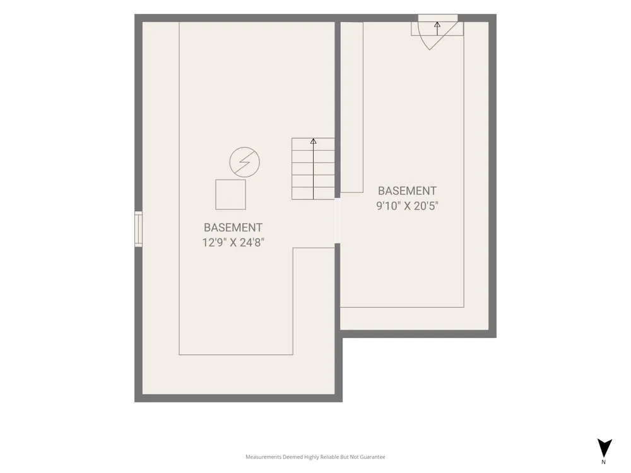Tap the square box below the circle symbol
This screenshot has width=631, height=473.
coord(230,195)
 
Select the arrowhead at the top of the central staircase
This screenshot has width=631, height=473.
coord(313,141)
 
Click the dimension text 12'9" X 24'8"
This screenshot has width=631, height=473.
coord(233,243)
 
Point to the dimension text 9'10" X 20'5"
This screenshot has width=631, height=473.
coord(407,206)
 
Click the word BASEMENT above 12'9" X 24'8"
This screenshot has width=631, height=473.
coord(233,228)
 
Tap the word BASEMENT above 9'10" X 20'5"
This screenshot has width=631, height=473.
coord(407,190)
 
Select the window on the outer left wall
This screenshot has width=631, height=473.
coord(138,229)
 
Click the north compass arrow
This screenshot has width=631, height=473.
coord(604,448)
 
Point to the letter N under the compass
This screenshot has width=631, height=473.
coord(603,462)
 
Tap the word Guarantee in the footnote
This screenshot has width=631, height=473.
coord(374,457)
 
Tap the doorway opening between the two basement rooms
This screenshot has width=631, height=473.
coord(337,221)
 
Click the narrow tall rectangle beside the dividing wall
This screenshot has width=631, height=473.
coord(351,107)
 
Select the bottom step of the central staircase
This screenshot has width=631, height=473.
coord(313,193)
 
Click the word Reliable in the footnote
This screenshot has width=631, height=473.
coord(329,457)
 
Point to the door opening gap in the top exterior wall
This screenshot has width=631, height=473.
coord(438,18)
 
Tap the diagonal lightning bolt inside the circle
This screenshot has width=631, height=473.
coord(244,162)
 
